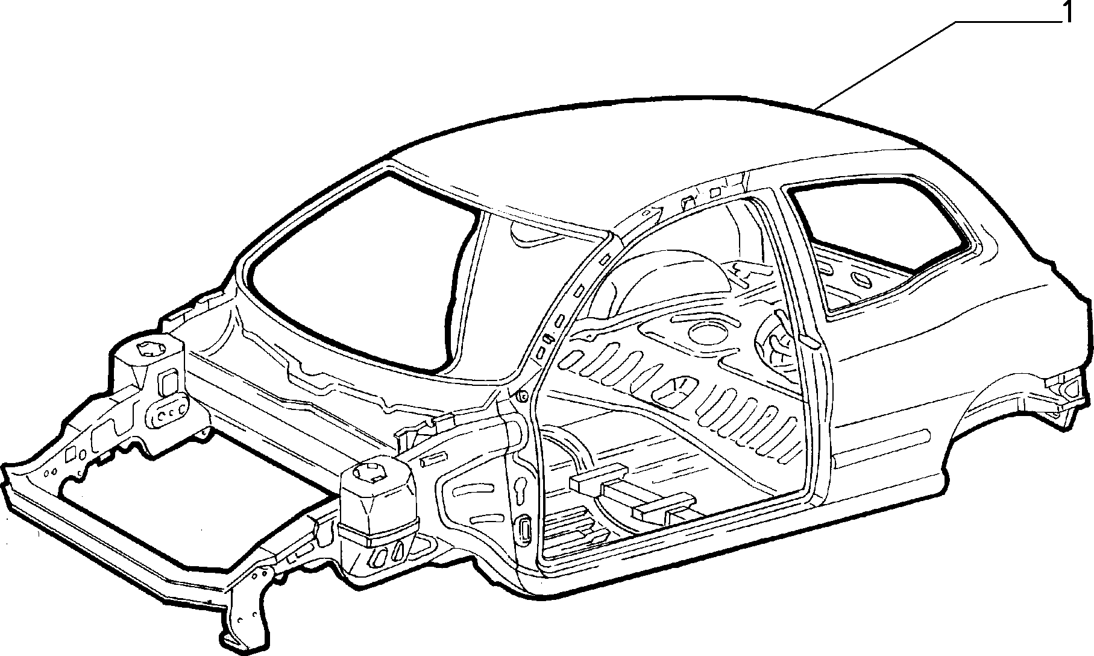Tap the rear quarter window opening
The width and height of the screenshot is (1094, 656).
click(x=880, y=241)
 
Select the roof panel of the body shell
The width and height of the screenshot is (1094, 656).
click(x=633, y=157)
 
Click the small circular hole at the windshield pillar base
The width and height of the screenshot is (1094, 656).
click(x=522, y=396)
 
